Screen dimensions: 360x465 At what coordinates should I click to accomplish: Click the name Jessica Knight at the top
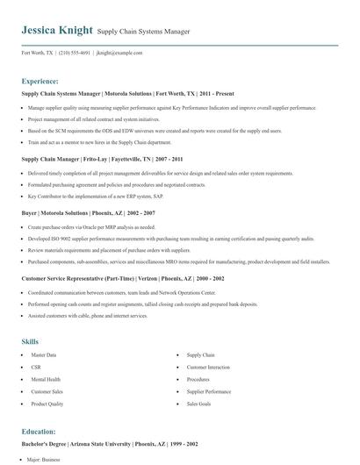click(57, 30)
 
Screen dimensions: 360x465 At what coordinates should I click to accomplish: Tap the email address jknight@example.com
click(119, 53)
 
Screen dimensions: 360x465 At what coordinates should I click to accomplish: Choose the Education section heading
click(39, 432)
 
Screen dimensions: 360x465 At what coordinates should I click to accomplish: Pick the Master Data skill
click(42, 354)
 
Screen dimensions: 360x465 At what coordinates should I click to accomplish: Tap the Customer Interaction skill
click(207, 367)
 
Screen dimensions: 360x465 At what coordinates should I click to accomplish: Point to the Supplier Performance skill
click(207, 391)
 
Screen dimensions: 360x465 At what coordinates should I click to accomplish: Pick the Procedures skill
click(198, 379)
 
